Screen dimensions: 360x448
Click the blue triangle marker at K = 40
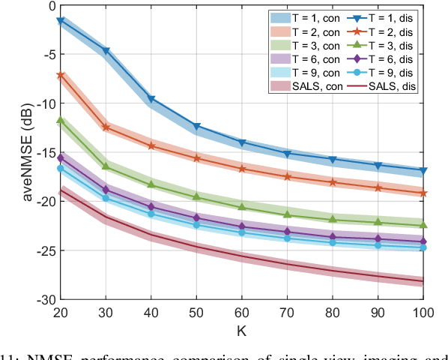(x=152, y=98)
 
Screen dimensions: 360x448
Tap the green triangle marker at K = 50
(x=197, y=196)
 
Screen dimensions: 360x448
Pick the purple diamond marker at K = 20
(x=61, y=157)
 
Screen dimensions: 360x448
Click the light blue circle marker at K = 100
(x=423, y=247)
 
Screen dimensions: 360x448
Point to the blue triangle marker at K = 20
(x=61, y=22)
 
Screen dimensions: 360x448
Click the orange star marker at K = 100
(x=423, y=193)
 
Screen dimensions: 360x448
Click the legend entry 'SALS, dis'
(x=388, y=87)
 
